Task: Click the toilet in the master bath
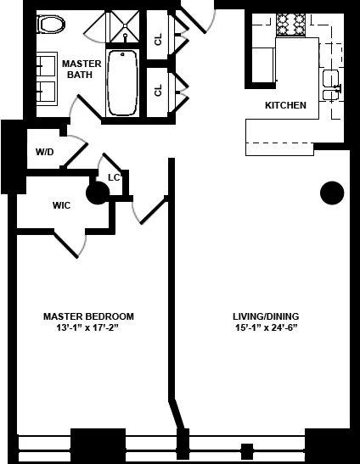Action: (52, 24)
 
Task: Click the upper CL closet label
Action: (158, 39)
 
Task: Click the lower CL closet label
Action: (158, 89)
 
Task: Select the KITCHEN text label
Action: (285, 106)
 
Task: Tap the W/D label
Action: (44, 152)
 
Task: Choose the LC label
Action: (114, 177)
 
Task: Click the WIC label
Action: (61, 205)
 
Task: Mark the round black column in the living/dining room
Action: (331, 193)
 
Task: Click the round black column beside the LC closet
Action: (98, 194)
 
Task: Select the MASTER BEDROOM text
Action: (88, 316)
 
